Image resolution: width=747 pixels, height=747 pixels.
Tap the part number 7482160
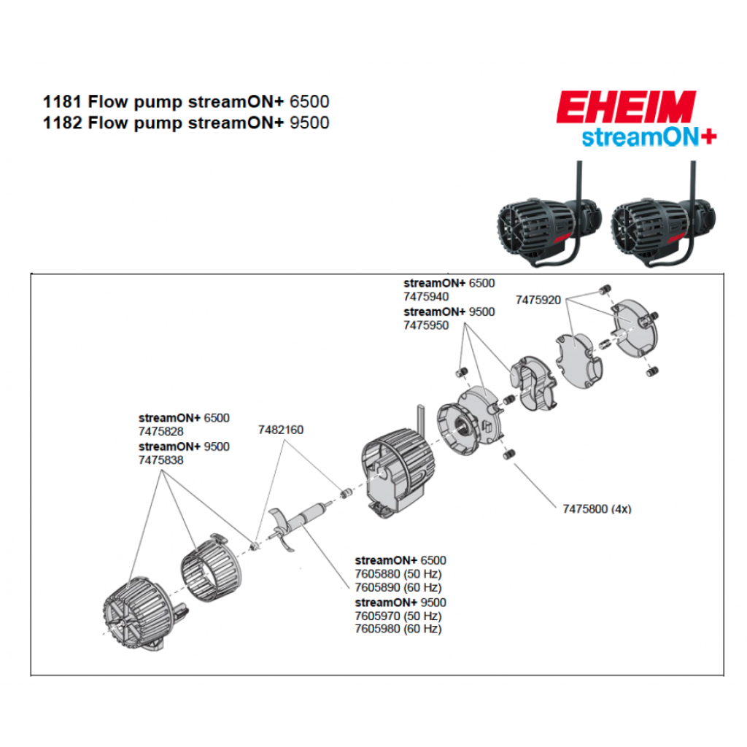280,430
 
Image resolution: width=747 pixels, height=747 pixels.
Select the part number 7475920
538,300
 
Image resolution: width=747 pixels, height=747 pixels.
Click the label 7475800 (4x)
596,508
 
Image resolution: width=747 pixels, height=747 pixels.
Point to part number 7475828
160,432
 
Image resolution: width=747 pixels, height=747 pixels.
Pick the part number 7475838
160,460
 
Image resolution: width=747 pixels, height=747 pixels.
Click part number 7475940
426,297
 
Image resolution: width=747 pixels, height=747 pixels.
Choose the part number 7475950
426,325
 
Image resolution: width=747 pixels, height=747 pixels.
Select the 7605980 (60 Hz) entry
398,629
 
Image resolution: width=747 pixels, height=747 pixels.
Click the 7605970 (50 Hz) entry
398,616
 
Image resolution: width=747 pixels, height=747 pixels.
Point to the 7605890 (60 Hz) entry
398,587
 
